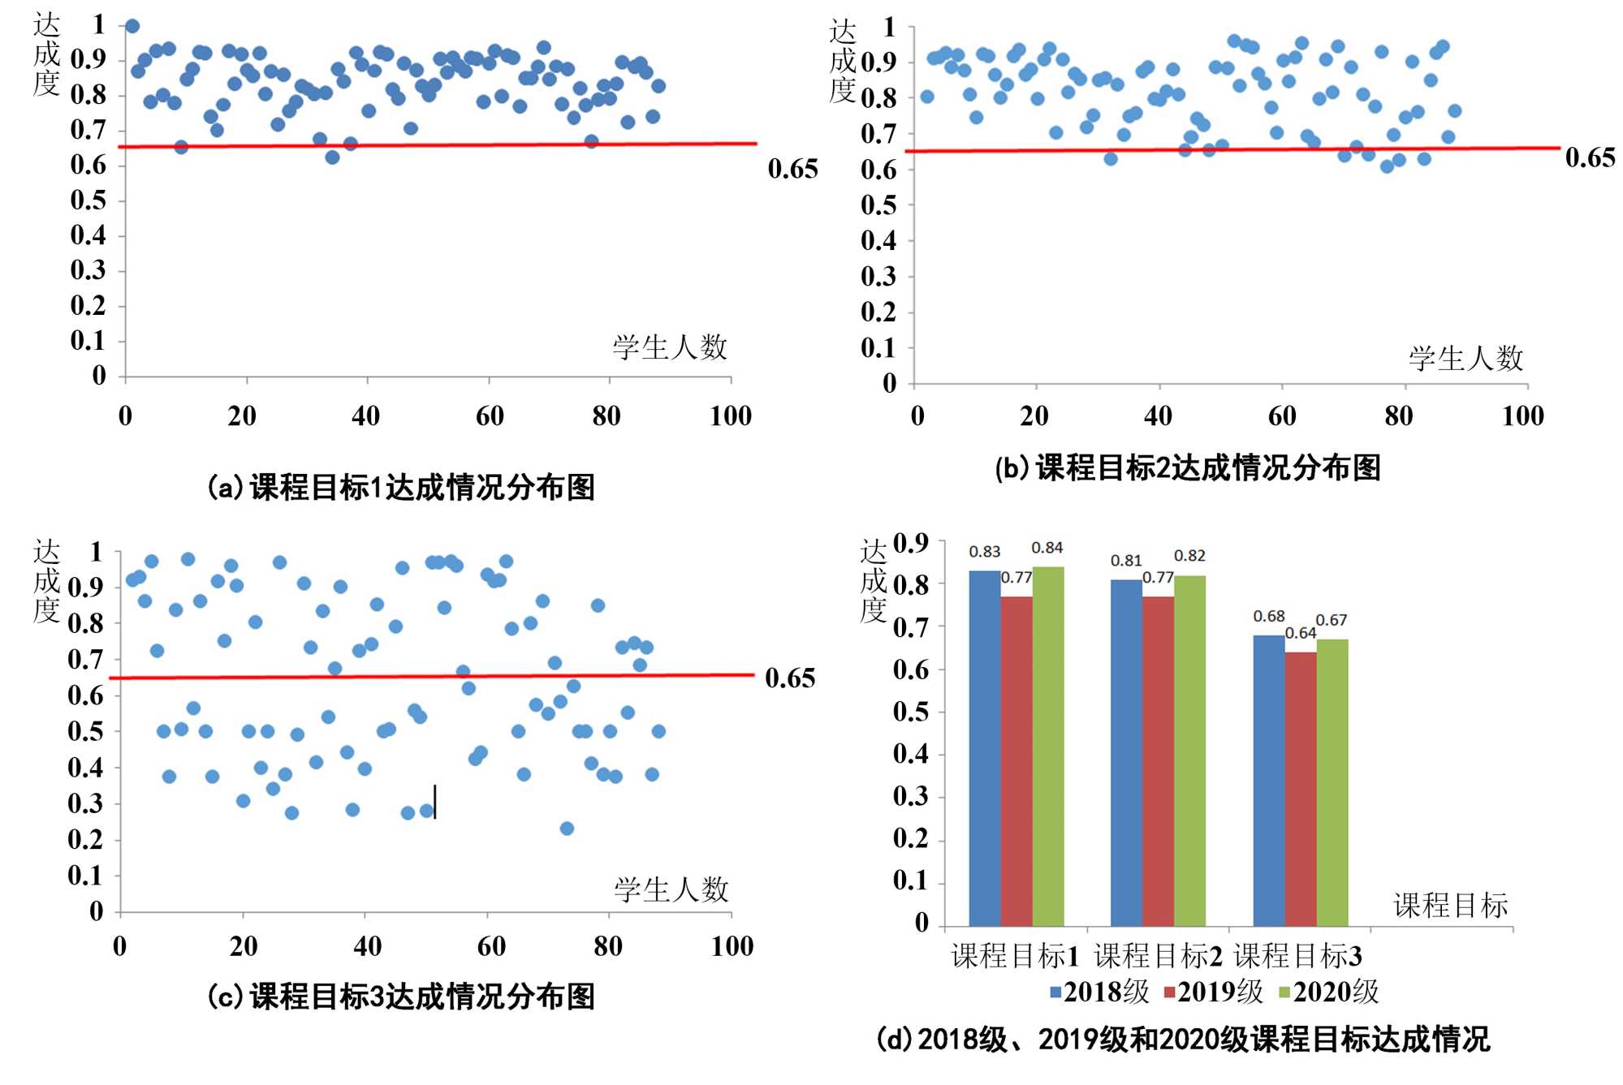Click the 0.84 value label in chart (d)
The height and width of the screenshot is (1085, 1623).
(1047, 549)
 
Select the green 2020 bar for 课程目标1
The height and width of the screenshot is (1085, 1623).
(1047, 747)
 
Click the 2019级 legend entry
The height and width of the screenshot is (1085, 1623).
(1213, 992)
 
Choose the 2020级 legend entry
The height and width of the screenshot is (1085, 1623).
(1328, 992)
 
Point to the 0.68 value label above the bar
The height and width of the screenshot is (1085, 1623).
(1268, 617)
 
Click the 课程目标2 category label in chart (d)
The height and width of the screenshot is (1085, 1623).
(1158, 957)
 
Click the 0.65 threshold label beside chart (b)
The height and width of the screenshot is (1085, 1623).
(1590, 157)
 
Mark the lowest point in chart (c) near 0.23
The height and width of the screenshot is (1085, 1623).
(567, 829)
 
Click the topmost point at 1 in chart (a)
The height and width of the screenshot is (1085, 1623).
(132, 27)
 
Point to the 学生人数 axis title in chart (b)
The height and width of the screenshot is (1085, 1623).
(1465, 359)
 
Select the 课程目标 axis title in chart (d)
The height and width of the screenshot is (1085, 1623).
(1450, 906)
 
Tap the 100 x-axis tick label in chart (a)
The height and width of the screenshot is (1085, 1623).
(731, 416)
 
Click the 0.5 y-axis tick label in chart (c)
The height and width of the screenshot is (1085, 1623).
(86, 732)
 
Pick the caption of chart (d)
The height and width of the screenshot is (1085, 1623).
(1183, 1040)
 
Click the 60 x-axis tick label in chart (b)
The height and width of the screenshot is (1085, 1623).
(1282, 416)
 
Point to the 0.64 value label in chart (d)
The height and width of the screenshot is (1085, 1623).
(1300, 633)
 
